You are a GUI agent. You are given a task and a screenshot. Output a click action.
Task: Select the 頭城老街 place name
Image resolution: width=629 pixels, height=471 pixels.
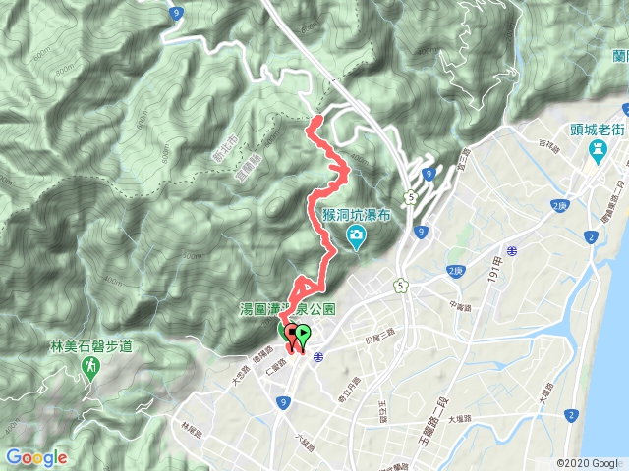point(597,130)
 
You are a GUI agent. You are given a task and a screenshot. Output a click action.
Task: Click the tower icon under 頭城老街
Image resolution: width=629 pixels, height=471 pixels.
point(597,151)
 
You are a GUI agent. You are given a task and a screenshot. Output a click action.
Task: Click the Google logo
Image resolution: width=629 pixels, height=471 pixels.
point(36,457)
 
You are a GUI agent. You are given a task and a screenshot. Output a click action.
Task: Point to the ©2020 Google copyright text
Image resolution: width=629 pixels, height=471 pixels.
point(588,463)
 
